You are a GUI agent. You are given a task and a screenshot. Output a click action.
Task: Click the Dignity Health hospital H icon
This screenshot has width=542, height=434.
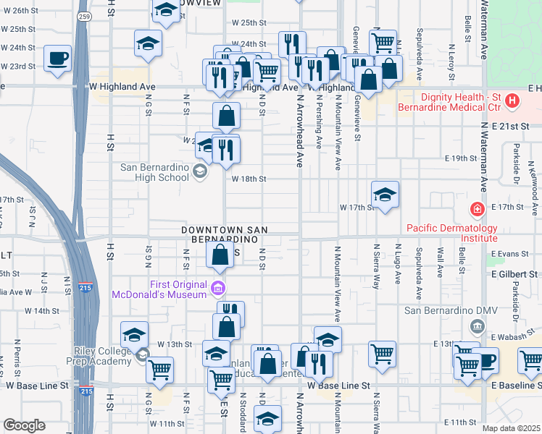coord(512,100)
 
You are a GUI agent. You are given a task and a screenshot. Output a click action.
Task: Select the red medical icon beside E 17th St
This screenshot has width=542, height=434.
coord(477,210)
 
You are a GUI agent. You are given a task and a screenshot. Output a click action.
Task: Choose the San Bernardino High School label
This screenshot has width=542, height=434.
coord(154,172)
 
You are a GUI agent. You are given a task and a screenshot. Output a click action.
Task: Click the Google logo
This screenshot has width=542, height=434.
coord(23,425)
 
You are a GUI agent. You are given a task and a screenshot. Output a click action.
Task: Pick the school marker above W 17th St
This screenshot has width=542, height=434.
coord(385,193)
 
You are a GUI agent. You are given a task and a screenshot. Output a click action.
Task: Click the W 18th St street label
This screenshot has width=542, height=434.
coord(249,179)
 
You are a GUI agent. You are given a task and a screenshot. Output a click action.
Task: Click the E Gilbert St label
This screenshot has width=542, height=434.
coord(514,275)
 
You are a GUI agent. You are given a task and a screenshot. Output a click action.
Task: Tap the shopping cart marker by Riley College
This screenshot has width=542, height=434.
coord(159,370)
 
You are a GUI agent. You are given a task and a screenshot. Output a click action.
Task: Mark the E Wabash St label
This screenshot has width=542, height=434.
coord(512,337)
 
